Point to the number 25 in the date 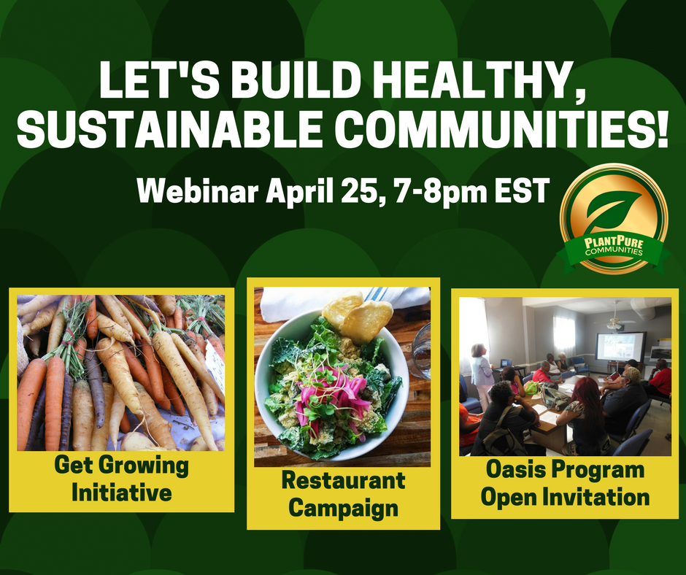[361, 191]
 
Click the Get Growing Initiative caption [122, 479]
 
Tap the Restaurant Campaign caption [344, 494]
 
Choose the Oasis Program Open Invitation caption [565, 484]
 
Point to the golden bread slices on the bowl [358, 316]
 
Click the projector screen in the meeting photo [621, 347]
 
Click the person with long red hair [585, 416]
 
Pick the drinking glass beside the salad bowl [421, 351]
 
